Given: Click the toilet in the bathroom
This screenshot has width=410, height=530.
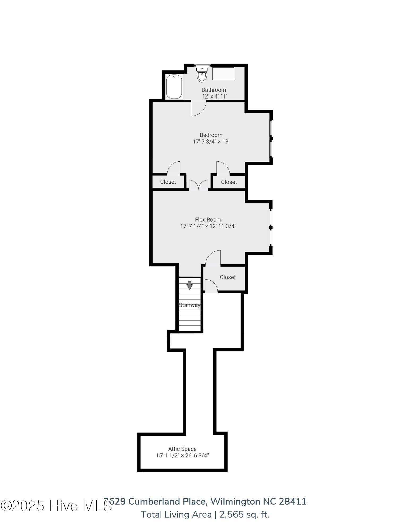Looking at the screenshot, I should click(x=202, y=75).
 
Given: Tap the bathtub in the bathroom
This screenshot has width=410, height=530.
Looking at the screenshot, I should click(x=174, y=87).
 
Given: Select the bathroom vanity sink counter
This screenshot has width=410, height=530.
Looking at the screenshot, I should click(x=223, y=73).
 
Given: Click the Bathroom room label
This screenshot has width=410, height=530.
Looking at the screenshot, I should click(x=214, y=90).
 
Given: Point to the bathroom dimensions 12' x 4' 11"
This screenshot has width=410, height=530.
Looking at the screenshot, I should click(x=215, y=96).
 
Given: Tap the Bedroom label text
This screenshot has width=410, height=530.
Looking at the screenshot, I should click(x=211, y=135).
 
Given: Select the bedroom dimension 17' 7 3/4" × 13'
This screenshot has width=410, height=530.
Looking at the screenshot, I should click(x=211, y=142).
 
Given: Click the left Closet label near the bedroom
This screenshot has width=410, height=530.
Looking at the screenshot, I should click(x=168, y=182).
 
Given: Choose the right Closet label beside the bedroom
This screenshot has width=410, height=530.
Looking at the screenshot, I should click(x=229, y=182).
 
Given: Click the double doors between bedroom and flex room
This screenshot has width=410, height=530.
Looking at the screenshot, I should click(x=198, y=185).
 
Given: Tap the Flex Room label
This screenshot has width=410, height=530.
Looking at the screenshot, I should click(x=208, y=220).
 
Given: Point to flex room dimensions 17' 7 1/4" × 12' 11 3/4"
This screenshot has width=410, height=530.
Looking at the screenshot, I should click(x=208, y=226).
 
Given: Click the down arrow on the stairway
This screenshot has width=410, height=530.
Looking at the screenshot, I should click(x=189, y=285).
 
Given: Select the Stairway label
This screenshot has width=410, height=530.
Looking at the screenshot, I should click(x=189, y=305).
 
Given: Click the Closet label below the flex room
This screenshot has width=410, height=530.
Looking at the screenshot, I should click(x=228, y=277).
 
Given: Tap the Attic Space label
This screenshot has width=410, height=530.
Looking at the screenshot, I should click(x=182, y=449).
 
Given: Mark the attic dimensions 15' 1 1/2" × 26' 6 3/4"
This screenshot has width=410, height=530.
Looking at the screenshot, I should click(x=182, y=456).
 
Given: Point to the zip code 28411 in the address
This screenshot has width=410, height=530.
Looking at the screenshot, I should click(x=292, y=502).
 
